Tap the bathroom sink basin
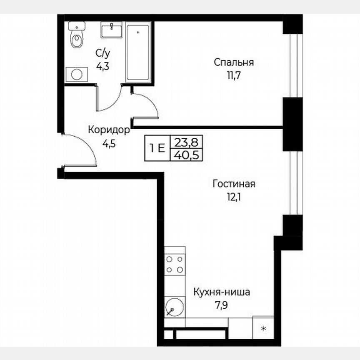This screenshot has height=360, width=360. point(111,30)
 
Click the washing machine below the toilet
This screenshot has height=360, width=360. point(77,74)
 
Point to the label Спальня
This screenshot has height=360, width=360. point(234,62)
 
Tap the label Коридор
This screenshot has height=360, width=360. point(109,130)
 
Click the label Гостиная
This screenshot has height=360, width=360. point(233,184)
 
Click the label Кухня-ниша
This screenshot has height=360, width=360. point(221,292)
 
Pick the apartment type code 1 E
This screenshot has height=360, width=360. point(157,148)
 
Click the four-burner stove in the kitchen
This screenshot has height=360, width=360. point(175,264)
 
